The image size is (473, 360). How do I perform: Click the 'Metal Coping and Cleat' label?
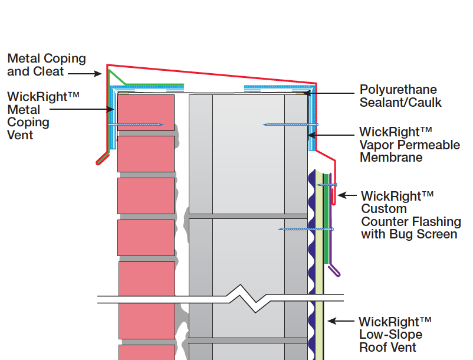point(47,65)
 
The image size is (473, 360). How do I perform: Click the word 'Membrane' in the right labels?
point(390,158)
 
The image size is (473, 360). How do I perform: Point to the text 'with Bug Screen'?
point(409,234)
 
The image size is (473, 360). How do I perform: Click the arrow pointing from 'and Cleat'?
point(89,74)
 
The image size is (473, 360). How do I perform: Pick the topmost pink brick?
point(146,112)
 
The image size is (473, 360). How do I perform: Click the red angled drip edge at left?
point(102,158)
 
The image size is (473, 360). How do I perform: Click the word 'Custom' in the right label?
point(384,209)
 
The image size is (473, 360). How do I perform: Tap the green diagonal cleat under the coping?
point(117,77)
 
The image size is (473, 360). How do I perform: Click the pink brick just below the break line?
point(147,322)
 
